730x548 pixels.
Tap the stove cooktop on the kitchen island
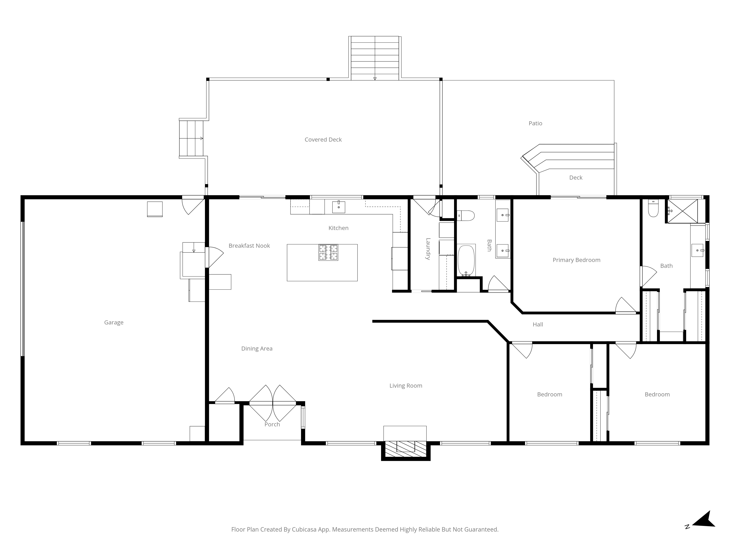[x=328, y=252]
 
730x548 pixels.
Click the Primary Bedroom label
[x=576, y=260]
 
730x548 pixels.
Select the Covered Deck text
[x=323, y=140]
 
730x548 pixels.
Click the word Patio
[x=535, y=123]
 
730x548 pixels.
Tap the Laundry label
[x=428, y=249]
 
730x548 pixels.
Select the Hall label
[x=538, y=324]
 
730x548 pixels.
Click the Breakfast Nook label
[x=249, y=246]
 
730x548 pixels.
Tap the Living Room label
[x=406, y=385]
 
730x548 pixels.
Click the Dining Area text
[x=257, y=349]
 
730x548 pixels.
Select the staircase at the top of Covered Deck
[x=374, y=58]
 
